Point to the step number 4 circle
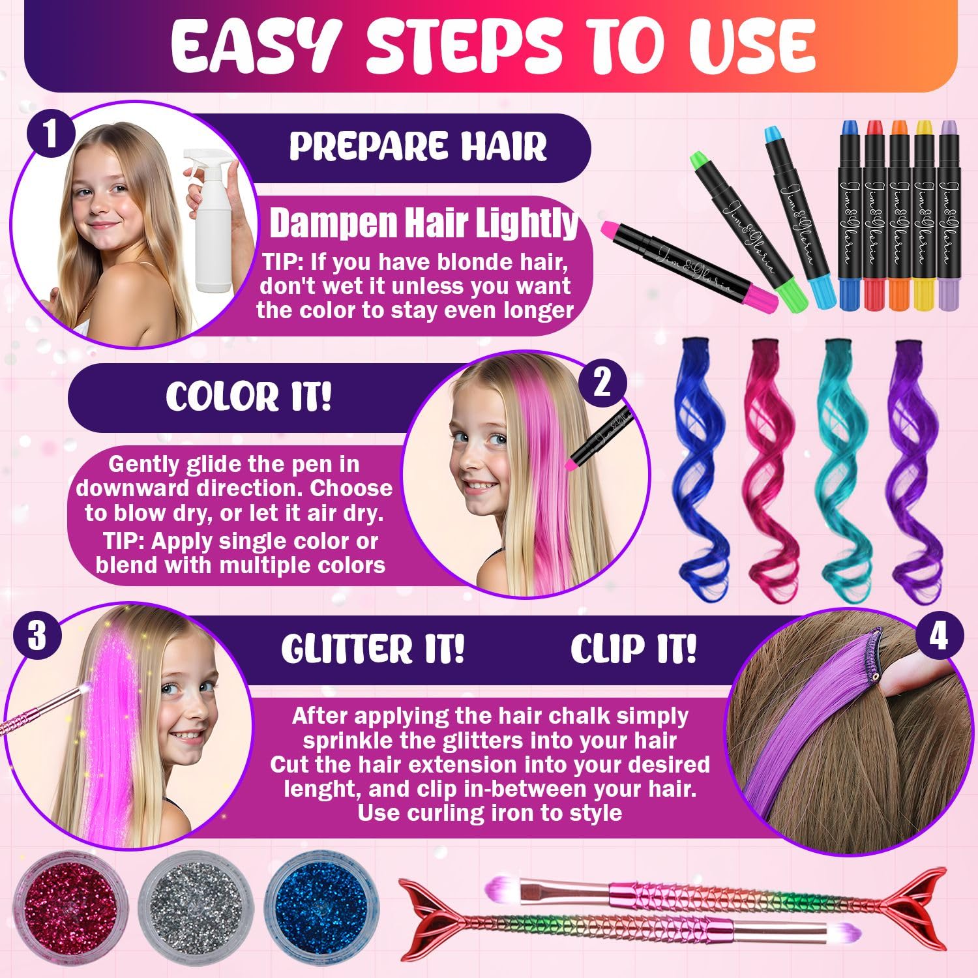tap(938, 636)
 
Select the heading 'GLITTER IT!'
tap(372, 648)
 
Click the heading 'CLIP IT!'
tap(633, 648)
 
